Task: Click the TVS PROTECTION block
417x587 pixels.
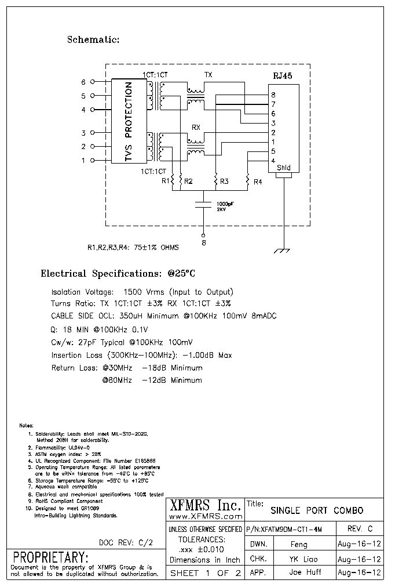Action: coord(128,122)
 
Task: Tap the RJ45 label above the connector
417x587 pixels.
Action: coord(283,76)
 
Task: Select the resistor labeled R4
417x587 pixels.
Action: coord(247,182)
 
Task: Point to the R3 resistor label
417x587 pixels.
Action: coord(224,182)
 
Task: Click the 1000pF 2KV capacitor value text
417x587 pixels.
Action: coord(225,207)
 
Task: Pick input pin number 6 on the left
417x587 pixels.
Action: coord(83,82)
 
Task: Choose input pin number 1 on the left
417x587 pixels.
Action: coord(83,161)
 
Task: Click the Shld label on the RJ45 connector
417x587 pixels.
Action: coord(283,168)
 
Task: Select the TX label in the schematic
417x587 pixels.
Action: coord(208,75)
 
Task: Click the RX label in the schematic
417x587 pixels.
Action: coord(196,127)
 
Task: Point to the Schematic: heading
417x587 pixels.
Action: coord(93,40)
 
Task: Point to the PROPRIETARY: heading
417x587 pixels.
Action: coord(50,558)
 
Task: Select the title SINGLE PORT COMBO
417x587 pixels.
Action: coord(317,510)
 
